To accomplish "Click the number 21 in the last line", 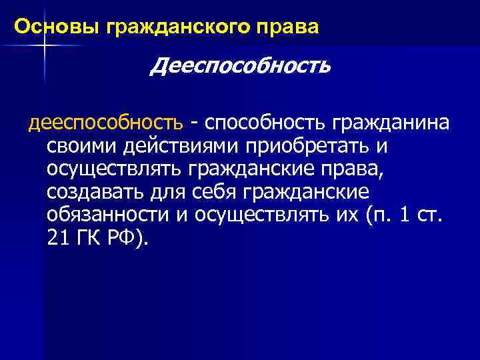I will click(57, 239).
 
